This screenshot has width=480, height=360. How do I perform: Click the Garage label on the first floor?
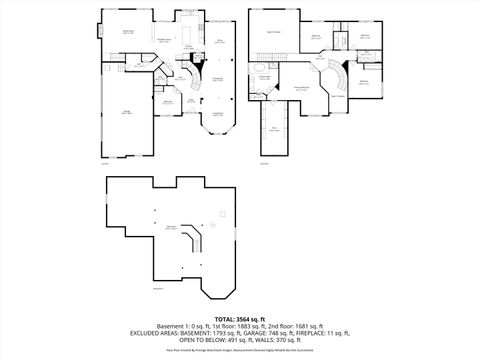[x=127, y=112]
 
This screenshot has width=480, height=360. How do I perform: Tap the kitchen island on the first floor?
[x=188, y=40]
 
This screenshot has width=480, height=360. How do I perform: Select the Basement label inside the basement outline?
[x=170, y=228]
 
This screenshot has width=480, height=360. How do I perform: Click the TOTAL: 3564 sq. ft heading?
[x=239, y=317]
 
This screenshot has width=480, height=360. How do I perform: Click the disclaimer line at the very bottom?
[x=239, y=351]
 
